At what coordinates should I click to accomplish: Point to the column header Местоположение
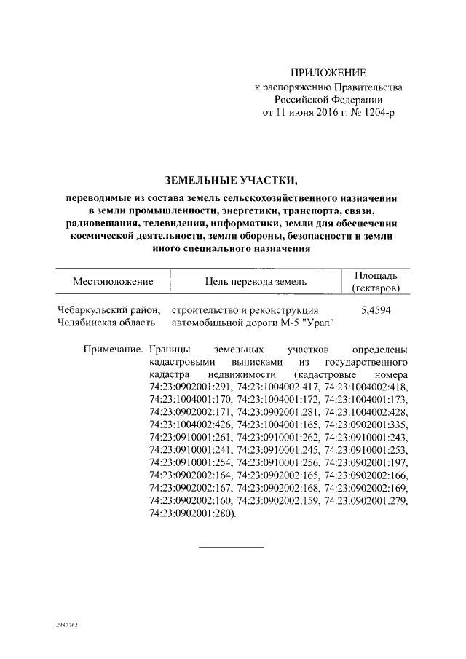(112, 281)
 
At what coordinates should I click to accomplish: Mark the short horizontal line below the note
(231, 546)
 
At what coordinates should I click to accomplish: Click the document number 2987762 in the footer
(66, 626)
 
